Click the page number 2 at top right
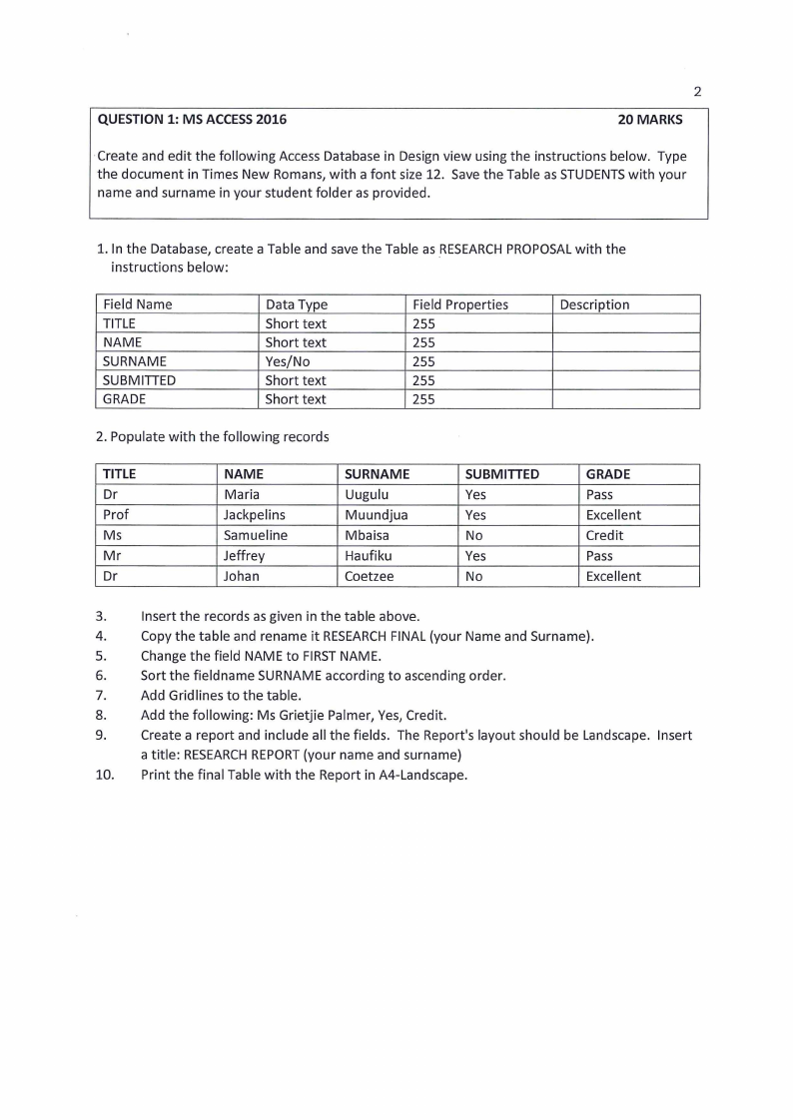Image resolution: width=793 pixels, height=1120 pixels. coord(697,92)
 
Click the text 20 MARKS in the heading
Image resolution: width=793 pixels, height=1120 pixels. coord(650,120)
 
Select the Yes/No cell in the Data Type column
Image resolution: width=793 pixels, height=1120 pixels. coord(287,361)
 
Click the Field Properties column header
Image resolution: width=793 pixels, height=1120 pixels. coord(459,304)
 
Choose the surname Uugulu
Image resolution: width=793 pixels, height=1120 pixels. coord(367,495)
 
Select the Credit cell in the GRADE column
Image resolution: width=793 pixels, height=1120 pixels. coord(604,535)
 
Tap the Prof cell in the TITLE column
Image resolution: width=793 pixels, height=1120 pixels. coord(117,515)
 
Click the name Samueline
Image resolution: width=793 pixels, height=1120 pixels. coord(256,535)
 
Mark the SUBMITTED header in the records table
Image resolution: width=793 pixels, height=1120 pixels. coord(502,474)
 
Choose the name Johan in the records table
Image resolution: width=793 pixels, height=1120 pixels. coord(242,576)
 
